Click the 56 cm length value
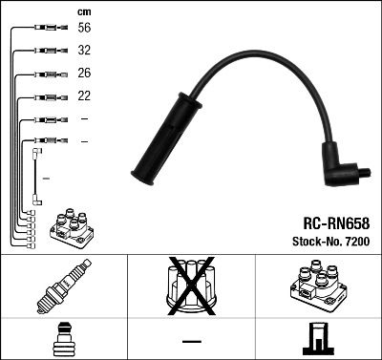point(85,30)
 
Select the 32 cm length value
point(85,52)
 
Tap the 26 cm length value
point(85,74)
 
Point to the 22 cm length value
point(85,96)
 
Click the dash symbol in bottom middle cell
point(190,340)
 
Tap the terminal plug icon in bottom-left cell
point(63,339)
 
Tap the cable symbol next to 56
point(48,30)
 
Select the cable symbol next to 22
point(48,96)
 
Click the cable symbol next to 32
point(48,52)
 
